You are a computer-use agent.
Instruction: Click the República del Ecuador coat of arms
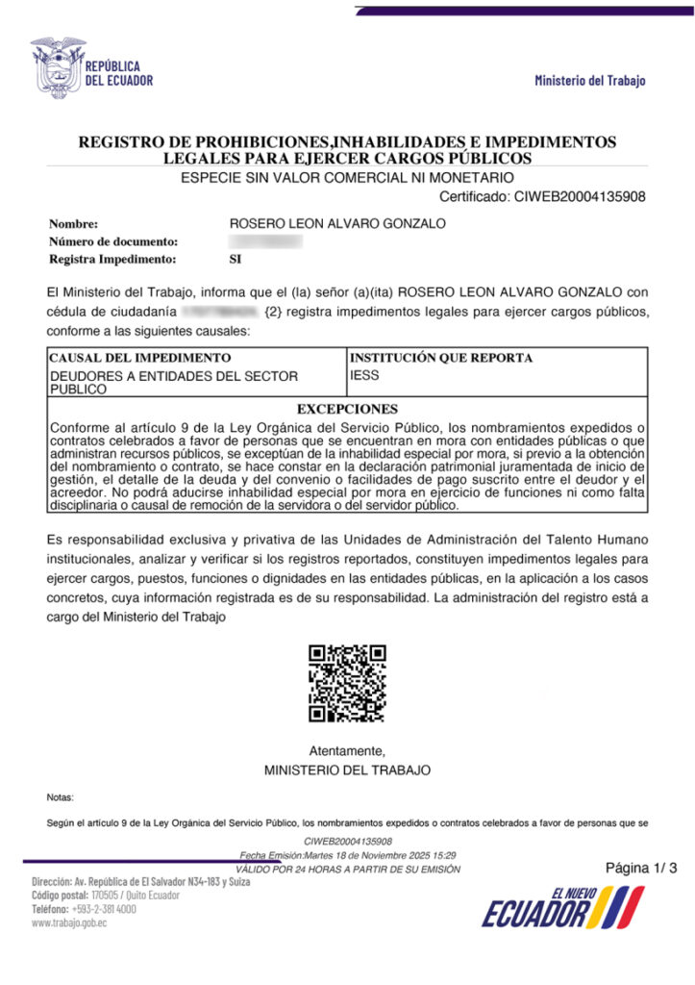pyautogui.click(x=57, y=66)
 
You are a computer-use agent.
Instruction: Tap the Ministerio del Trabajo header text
pyautogui.click(x=590, y=81)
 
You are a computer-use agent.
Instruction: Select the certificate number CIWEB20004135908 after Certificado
pyautogui.click(x=580, y=197)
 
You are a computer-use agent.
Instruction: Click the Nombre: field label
pyautogui.click(x=74, y=224)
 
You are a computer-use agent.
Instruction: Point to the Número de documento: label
pyautogui.click(x=113, y=241)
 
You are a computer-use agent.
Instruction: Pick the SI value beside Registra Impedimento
pyautogui.click(x=236, y=259)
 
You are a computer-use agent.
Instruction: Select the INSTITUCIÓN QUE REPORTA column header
pyautogui.click(x=440, y=358)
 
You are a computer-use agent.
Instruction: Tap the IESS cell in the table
pyautogui.click(x=365, y=375)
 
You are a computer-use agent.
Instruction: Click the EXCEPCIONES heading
pyautogui.click(x=347, y=409)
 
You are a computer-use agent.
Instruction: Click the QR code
pyautogui.click(x=347, y=683)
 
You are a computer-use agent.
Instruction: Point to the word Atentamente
pyautogui.click(x=347, y=750)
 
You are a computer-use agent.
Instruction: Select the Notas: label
pyautogui.click(x=60, y=797)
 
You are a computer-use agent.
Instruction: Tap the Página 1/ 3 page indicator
pyautogui.click(x=641, y=869)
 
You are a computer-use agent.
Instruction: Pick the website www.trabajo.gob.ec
pyautogui.click(x=69, y=922)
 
